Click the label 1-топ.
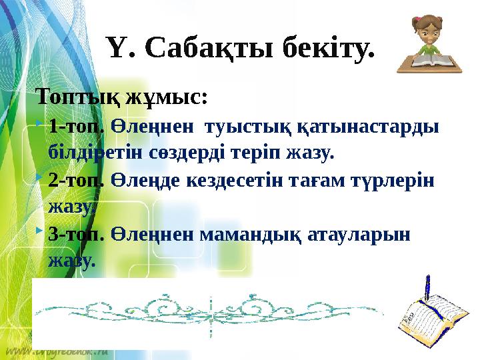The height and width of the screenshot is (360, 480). [x=76, y=127]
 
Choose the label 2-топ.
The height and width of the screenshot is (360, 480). [x=76, y=181]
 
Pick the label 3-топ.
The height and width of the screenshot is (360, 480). [x=76, y=235]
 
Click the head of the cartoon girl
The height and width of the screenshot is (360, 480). [x=425, y=29]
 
